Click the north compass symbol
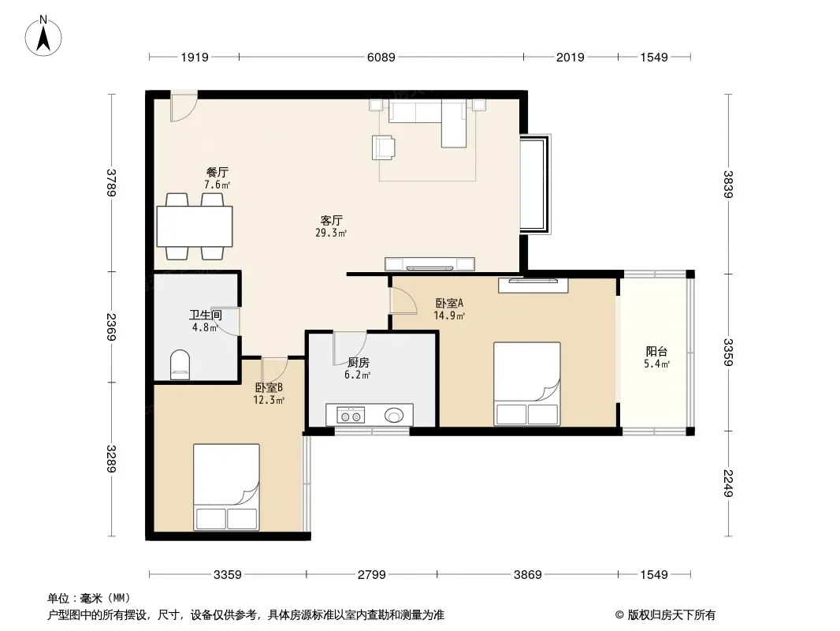43,36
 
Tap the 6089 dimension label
381,57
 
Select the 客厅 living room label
332,220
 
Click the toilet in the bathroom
180,364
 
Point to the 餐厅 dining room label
217,172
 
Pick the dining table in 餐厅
195,226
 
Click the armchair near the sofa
384,147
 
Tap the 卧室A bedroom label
449,303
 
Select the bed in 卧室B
227,487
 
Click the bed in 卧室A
527,384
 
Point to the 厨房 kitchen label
359,363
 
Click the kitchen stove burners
351,415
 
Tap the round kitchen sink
394,415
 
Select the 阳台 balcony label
656,352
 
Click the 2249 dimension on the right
727,483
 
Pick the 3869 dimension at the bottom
528,575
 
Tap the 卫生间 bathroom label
205,315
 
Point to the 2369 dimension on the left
111,327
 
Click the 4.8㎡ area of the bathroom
205,327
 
